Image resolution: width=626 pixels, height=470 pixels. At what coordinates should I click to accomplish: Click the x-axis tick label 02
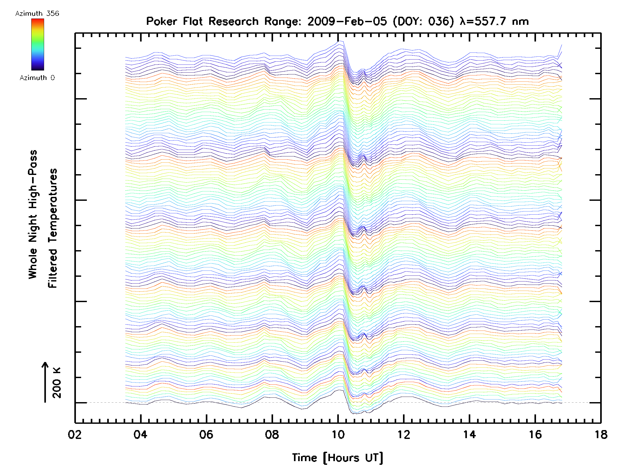[x=75, y=435]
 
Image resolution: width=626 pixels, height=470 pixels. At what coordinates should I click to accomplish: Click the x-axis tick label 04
[x=140, y=435]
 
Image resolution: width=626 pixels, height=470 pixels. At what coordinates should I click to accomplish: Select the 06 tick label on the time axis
[x=206, y=435]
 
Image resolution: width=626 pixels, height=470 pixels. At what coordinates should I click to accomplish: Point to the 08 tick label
[x=272, y=435]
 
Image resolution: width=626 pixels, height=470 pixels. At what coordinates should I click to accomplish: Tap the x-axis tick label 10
[x=338, y=435]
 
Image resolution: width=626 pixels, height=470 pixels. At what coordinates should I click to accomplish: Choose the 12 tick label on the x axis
[x=404, y=435]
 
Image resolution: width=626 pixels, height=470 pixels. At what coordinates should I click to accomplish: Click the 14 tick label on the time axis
[x=469, y=435]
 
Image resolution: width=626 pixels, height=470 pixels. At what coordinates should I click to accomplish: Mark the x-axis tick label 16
[x=535, y=435]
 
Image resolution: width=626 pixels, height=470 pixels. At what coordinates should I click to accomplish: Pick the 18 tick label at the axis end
[x=601, y=435]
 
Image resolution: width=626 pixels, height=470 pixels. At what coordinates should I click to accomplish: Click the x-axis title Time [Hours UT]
[x=338, y=458]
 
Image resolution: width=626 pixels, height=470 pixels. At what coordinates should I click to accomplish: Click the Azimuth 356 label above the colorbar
[x=37, y=14]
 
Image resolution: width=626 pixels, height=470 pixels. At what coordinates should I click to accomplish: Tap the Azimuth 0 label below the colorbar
[x=37, y=78]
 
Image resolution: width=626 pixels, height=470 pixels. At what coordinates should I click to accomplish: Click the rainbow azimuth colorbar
[x=38, y=44]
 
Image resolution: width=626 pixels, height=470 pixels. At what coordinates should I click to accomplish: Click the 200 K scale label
[x=57, y=383]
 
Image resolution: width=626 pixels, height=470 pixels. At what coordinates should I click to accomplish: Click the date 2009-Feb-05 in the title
[x=347, y=21]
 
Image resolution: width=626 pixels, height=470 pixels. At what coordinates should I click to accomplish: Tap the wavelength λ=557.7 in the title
[x=483, y=21]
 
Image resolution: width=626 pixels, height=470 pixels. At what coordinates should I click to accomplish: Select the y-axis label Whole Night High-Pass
[x=33, y=214]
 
